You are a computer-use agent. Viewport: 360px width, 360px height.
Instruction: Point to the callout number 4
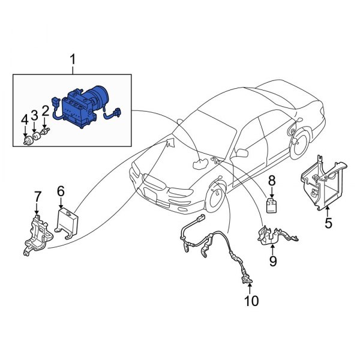(x=25, y=120)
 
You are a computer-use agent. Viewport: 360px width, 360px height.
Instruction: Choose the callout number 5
(x=328, y=224)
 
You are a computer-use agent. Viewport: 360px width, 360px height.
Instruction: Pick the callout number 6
(x=61, y=191)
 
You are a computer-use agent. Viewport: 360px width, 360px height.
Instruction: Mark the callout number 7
(x=37, y=196)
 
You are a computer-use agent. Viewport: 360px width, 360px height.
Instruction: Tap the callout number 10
(x=251, y=300)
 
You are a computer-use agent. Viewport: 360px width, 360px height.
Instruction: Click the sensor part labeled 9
(x=267, y=235)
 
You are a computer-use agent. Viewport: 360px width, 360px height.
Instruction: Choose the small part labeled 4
(x=26, y=142)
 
